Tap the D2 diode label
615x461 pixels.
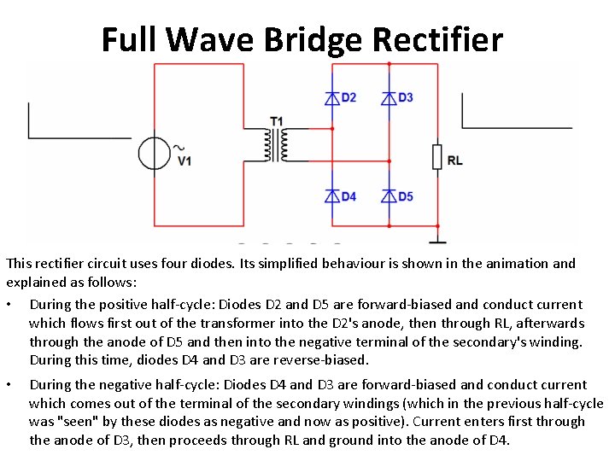pyautogui.click(x=348, y=97)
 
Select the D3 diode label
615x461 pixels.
pyautogui.click(x=405, y=97)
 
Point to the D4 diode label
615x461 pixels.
pyautogui.click(x=348, y=196)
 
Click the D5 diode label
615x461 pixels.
pyautogui.click(x=405, y=196)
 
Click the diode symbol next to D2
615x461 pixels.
pyautogui.click(x=332, y=98)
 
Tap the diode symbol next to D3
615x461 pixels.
pyautogui.click(x=389, y=98)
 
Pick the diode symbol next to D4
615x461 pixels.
pyautogui.click(x=332, y=196)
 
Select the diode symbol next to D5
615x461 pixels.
pyautogui.click(x=389, y=196)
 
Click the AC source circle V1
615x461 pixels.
pyautogui.click(x=155, y=154)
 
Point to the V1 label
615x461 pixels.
pyautogui.click(x=184, y=160)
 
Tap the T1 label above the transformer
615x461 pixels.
pyautogui.click(x=276, y=121)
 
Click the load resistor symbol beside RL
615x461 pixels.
pyautogui.click(x=436, y=157)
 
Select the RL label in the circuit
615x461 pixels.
pyautogui.click(x=454, y=160)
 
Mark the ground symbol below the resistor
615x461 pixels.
pyautogui.click(x=436, y=241)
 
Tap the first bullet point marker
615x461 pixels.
pyautogui.click(x=9, y=305)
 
